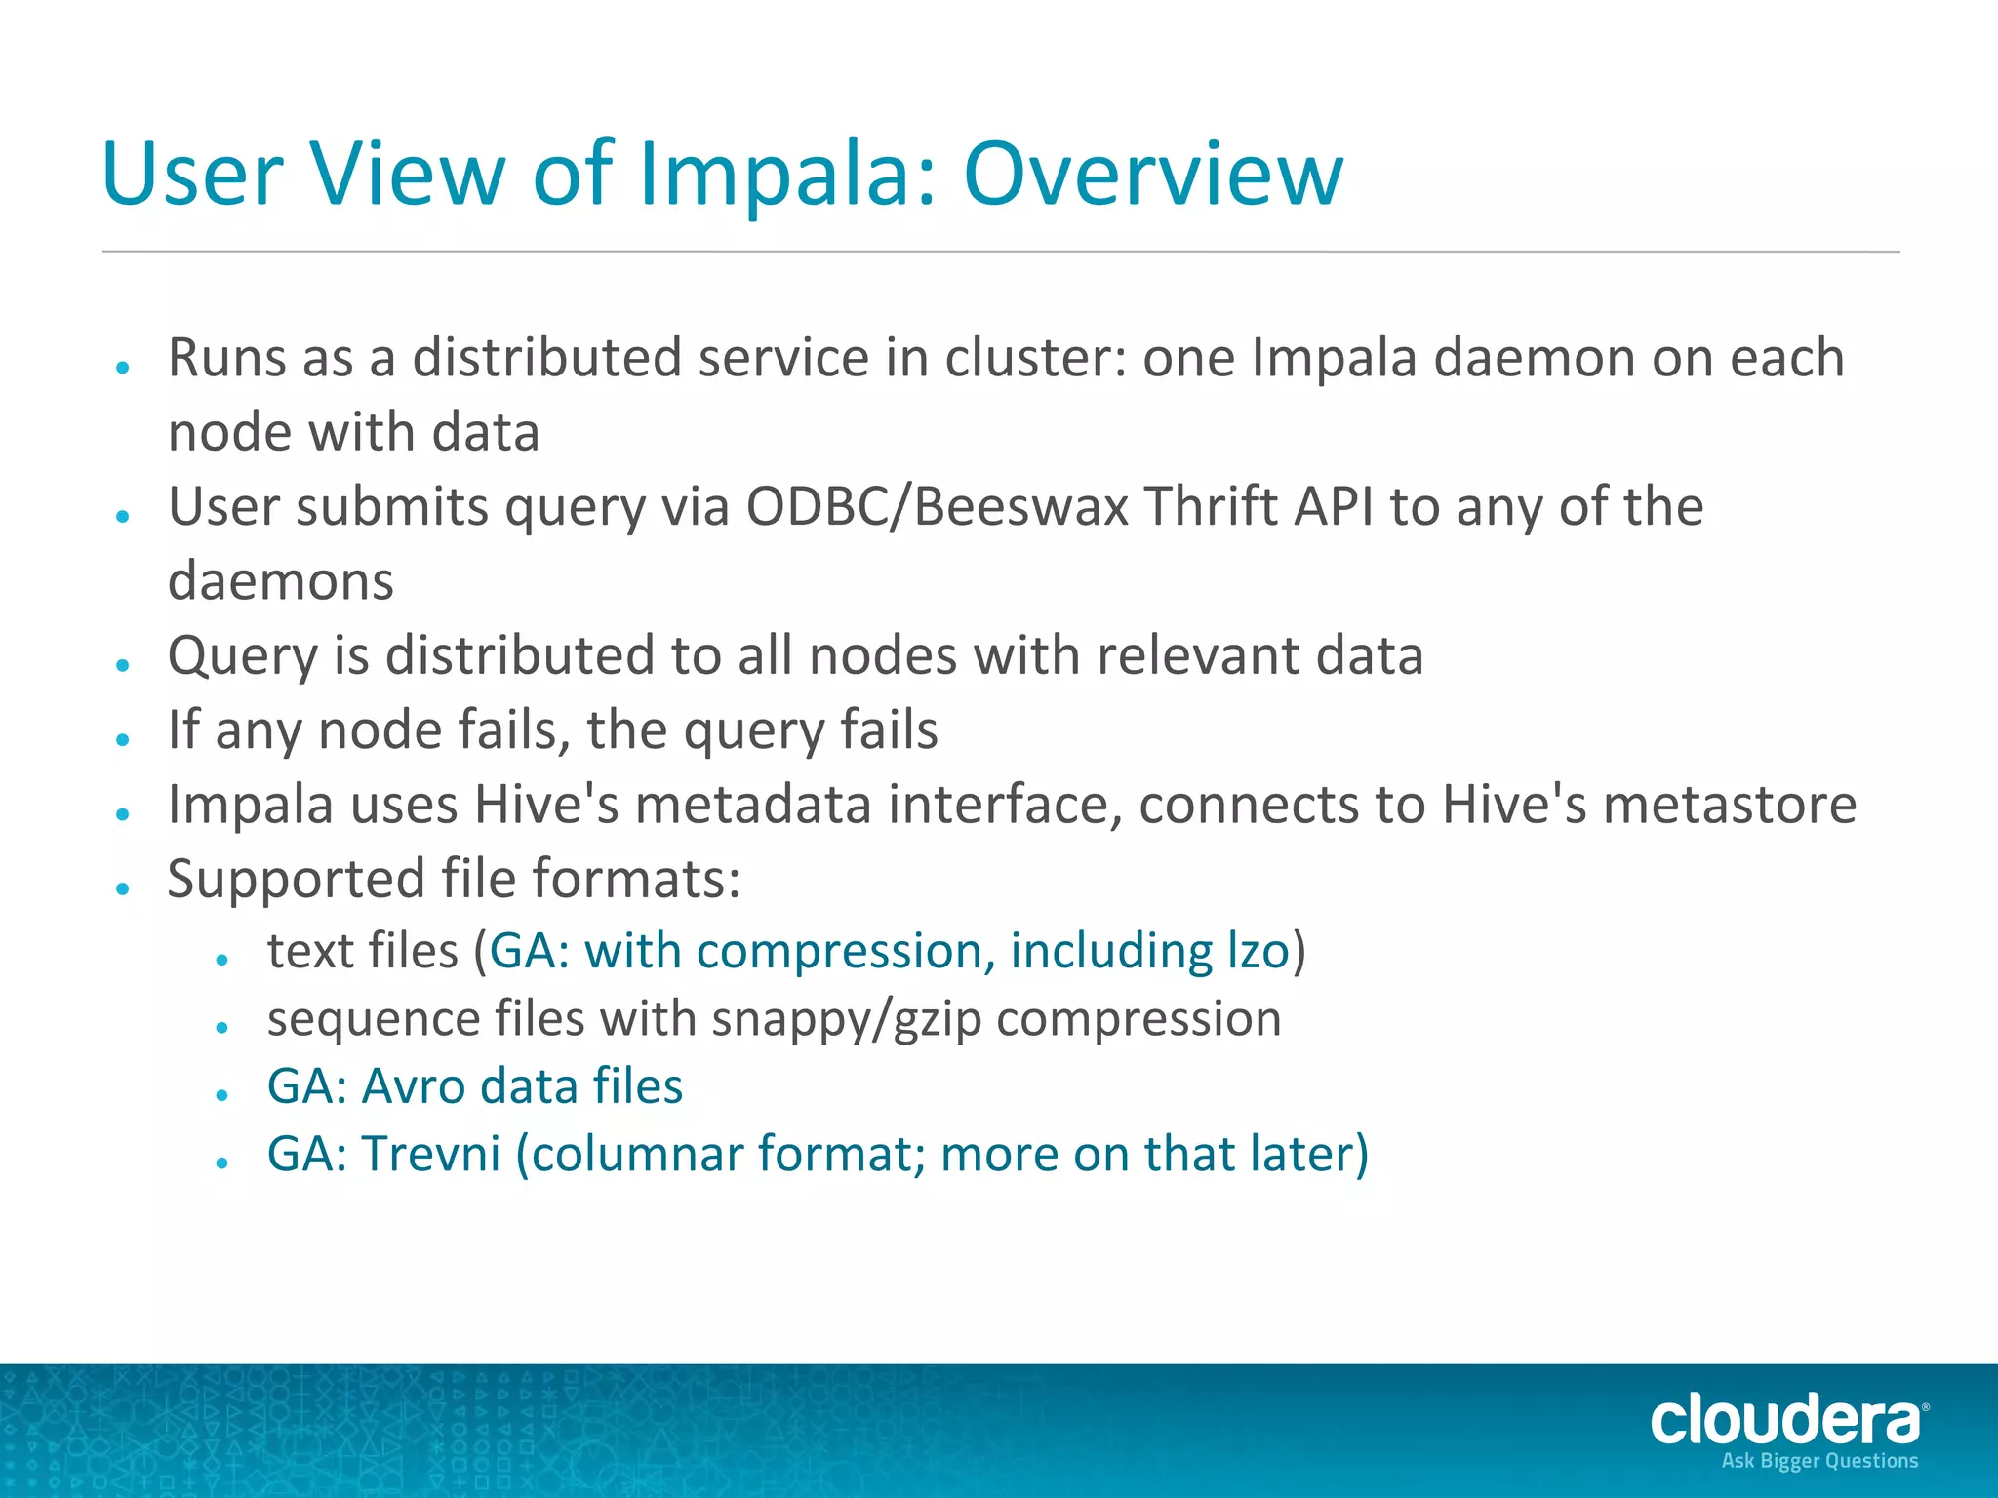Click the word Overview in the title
click(1153, 175)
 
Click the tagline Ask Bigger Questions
click(1819, 1461)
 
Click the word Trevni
click(431, 1154)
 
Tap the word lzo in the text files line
click(1258, 951)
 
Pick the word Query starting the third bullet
click(243, 656)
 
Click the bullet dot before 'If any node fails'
click(123, 740)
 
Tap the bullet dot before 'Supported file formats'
click(123, 888)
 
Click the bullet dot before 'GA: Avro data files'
click(222, 1095)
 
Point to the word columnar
click(636, 1154)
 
